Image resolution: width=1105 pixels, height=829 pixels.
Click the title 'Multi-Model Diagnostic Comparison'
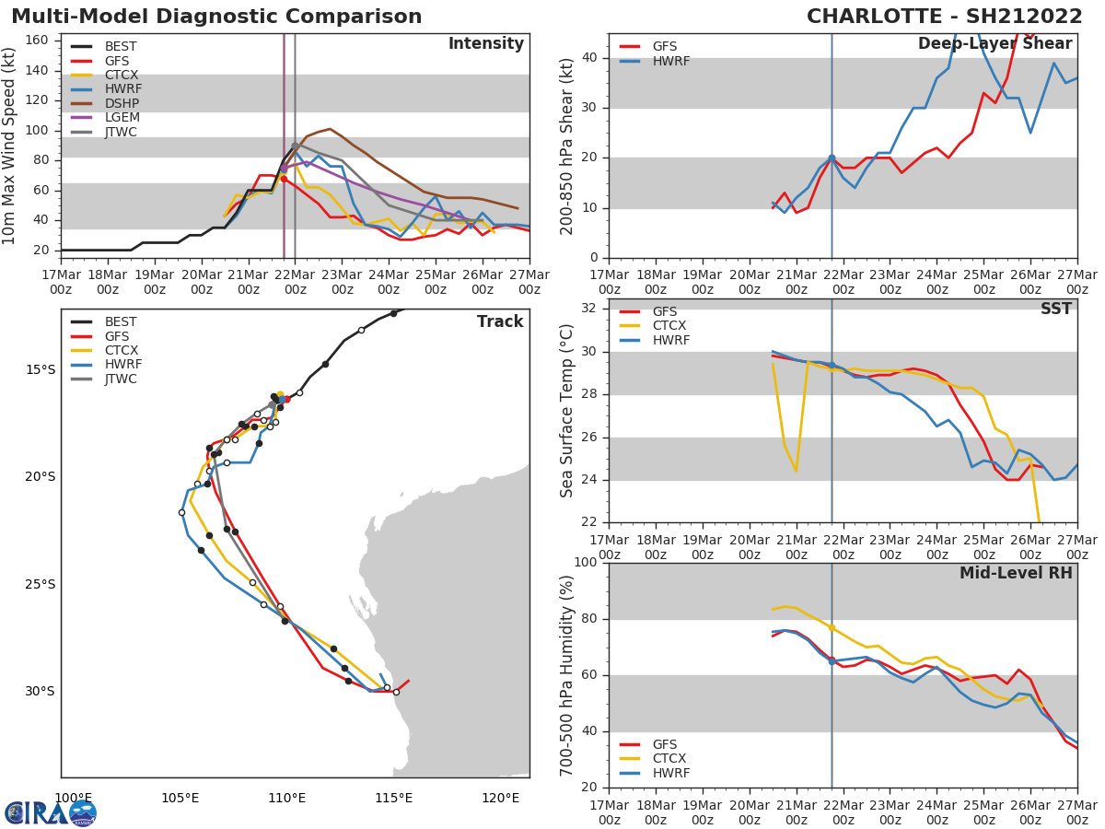pyautogui.click(x=216, y=17)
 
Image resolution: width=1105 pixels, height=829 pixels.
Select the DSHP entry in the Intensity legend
pyautogui.click(x=122, y=103)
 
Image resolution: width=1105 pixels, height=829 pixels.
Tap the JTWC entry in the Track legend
pyautogui.click(x=122, y=379)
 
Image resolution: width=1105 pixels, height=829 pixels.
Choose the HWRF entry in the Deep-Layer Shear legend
pyautogui.click(x=670, y=61)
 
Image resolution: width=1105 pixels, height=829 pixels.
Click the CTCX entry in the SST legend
pyautogui.click(x=670, y=326)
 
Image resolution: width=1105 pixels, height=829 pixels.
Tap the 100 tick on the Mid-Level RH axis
pyautogui.click(x=582, y=563)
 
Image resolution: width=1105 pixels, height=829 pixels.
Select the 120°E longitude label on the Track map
pyautogui.click(x=500, y=798)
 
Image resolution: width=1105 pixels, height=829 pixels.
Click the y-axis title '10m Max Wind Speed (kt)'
pyautogui.click(x=10, y=146)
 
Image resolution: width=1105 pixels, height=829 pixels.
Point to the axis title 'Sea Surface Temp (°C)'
pyautogui.click(x=567, y=411)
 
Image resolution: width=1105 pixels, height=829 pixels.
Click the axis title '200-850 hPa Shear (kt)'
pyautogui.click(x=567, y=146)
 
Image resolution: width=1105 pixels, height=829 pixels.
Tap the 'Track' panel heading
pyautogui.click(x=500, y=321)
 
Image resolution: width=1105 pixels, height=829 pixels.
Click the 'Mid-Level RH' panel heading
pyautogui.click(x=1016, y=573)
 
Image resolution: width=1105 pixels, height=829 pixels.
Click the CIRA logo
pyautogui.click(x=51, y=813)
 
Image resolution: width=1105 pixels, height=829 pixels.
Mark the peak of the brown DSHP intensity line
pyautogui.click(x=330, y=129)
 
